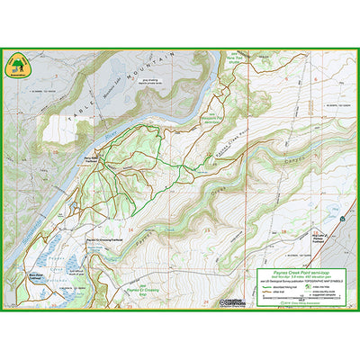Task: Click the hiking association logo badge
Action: (16, 64)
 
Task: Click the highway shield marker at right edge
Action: (343, 219)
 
